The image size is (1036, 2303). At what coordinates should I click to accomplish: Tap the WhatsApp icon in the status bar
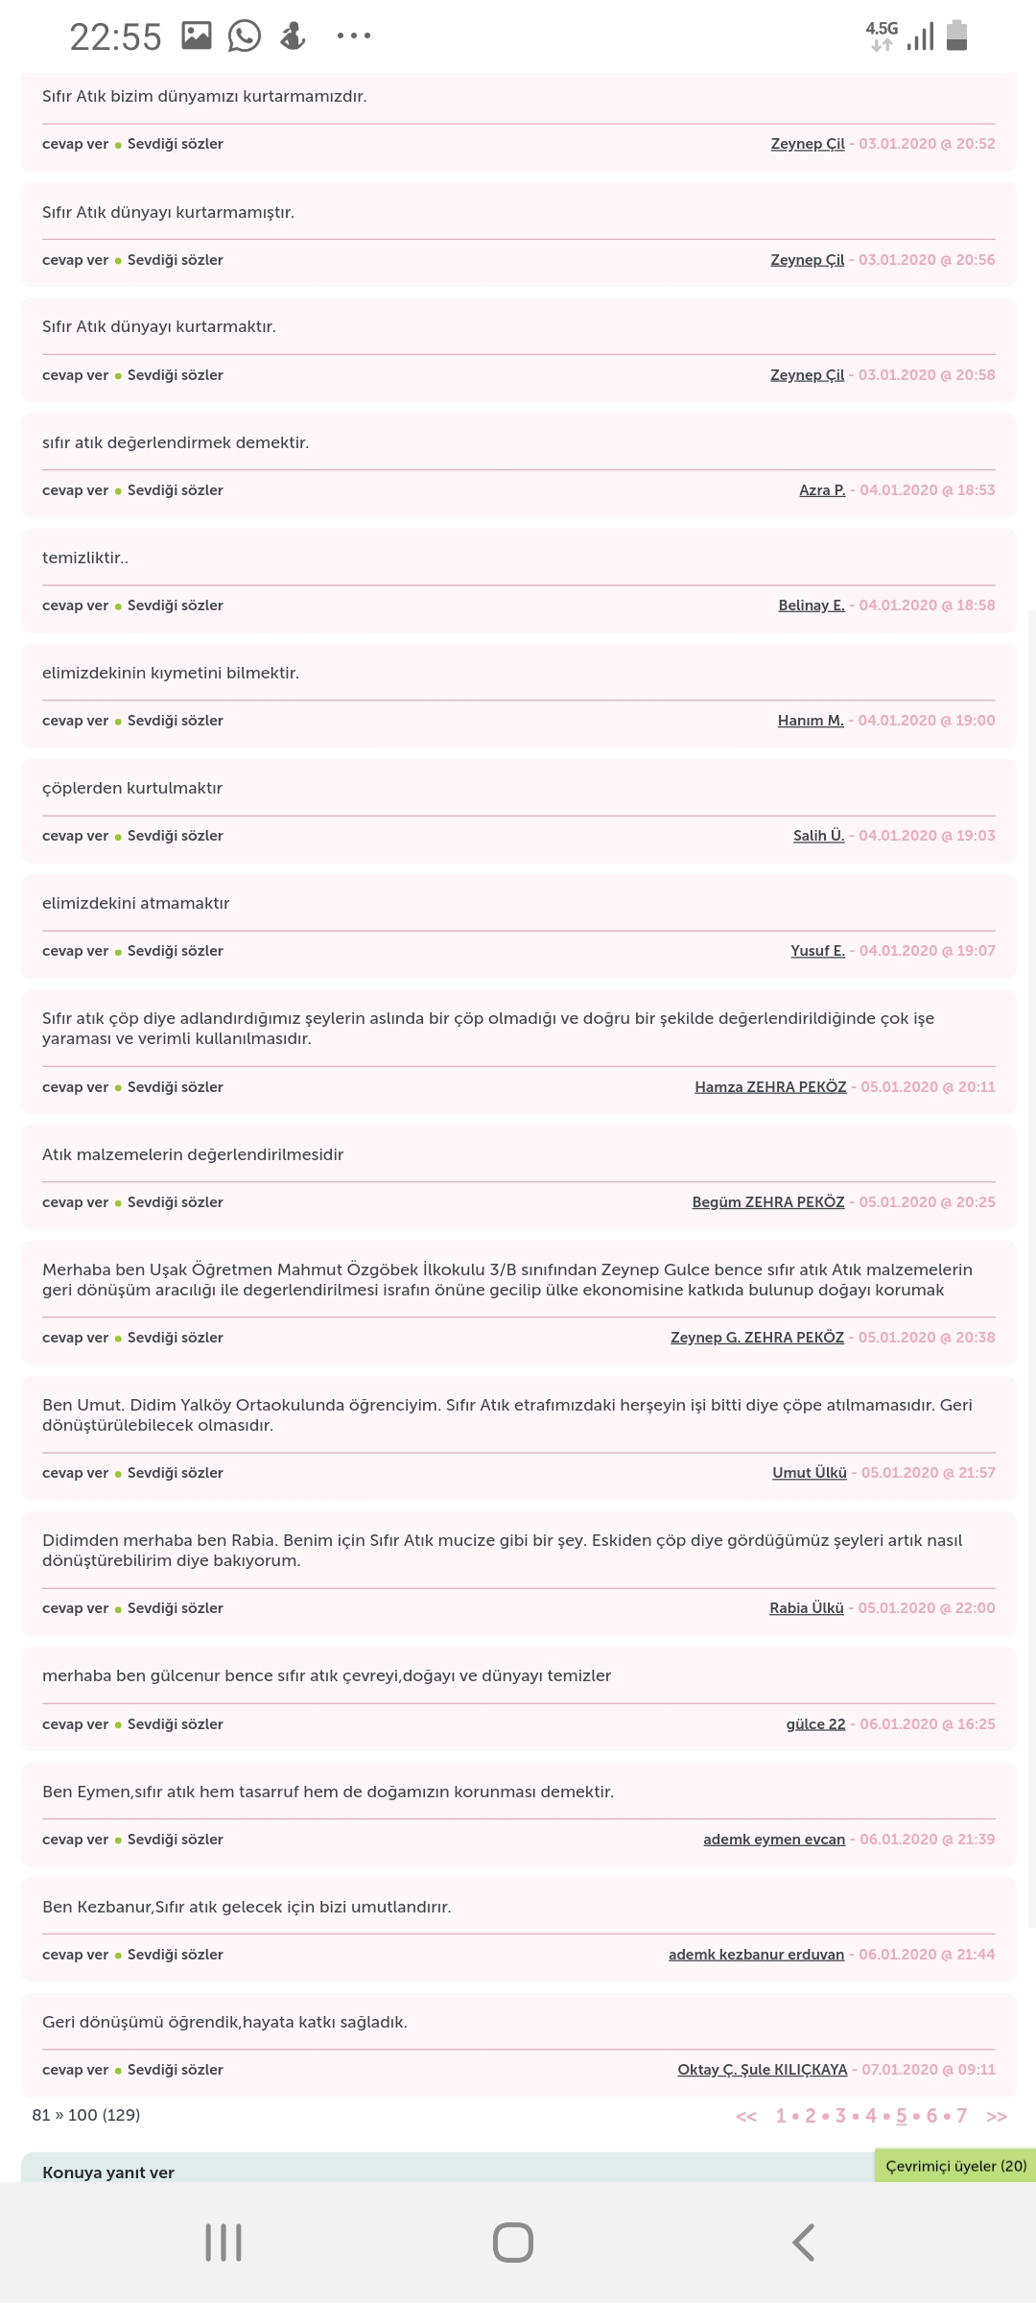[x=245, y=36]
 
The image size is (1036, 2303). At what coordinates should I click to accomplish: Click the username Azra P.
[x=822, y=490]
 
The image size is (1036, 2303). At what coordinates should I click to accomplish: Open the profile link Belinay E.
[x=812, y=605]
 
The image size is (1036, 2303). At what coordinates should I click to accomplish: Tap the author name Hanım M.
[x=811, y=721]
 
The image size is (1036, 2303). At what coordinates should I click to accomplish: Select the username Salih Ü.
[x=818, y=836]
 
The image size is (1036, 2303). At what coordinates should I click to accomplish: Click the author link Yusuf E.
[x=817, y=951]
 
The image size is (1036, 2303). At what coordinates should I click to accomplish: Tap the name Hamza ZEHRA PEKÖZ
[x=770, y=1087]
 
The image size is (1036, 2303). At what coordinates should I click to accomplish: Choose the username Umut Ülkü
[x=810, y=1473]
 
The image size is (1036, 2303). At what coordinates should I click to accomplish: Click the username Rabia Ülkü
[x=807, y=1608]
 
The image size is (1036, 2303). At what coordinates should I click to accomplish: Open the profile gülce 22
[x=815, y=1724]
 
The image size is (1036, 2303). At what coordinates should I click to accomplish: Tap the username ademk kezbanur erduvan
[x=756, y=1955]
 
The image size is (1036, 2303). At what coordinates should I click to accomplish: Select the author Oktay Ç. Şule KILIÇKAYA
[x=763, y=2070]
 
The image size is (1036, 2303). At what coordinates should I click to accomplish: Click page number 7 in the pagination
[x=961, y=2116]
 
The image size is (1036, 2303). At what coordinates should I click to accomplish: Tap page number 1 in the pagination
[x=781, y=2116]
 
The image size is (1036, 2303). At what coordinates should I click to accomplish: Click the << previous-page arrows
[x=746, y=2117]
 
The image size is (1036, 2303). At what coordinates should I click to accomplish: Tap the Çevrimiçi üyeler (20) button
[x=955, y=2166]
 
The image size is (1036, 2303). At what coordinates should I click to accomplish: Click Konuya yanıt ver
[x=108, y=2172]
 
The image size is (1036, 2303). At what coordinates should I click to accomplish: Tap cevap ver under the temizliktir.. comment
[x=75, y=605]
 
